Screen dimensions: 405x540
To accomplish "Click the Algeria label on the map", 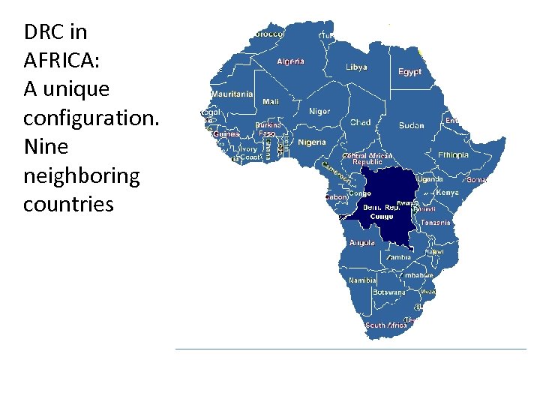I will coord(290,61).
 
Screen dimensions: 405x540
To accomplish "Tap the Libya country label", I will coord(356,67).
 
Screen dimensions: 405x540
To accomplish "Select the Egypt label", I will coord(409,72).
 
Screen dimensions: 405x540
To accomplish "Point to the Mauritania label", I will coord(232,94).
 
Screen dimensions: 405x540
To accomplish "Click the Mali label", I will coord(270,101).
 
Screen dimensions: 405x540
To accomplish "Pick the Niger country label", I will coord(319,111).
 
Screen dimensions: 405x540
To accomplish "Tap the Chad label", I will coord(360,122).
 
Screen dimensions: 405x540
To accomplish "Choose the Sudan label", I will coord(411,125).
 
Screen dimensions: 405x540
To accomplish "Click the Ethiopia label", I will coord(453,155).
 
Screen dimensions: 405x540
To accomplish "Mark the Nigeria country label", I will coord(312,142).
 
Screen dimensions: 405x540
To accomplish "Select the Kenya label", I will coord(447,193).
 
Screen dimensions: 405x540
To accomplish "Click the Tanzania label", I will coord(435,223).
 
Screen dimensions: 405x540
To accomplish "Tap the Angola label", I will coord(362,242).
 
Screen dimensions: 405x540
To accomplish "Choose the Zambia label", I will coord(398,257).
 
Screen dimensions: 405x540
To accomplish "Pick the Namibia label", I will coord(362,280).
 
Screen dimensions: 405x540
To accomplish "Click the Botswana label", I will coord(389,292).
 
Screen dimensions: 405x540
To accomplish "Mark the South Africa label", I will coord(386,325).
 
